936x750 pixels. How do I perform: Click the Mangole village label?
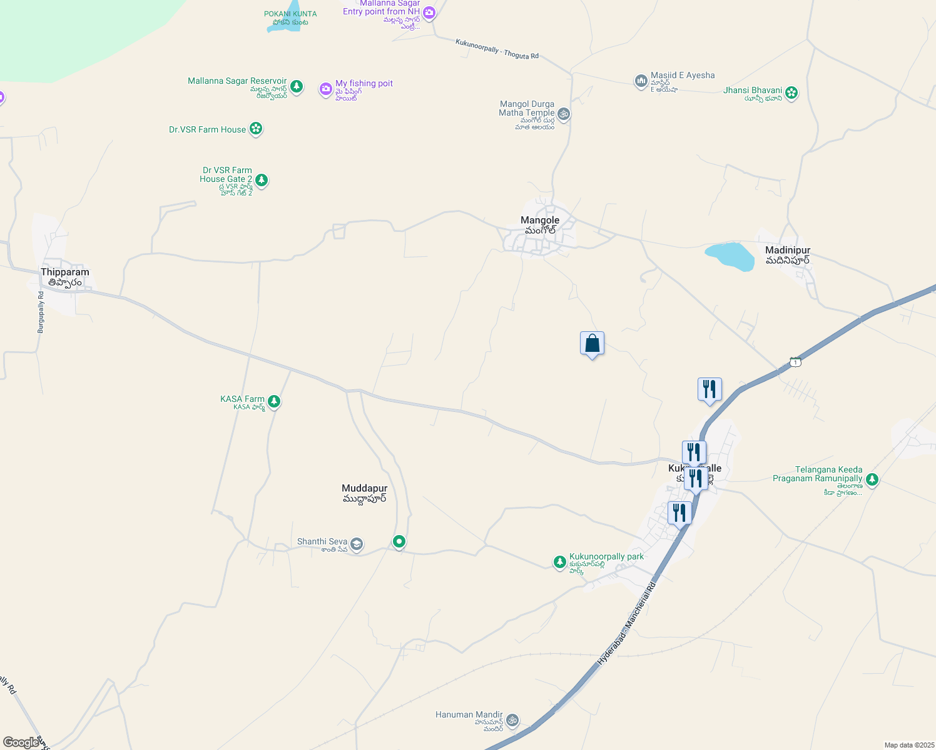click(540, 225)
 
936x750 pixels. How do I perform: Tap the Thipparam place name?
click(65, 277)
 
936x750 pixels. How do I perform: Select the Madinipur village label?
click(788, 255)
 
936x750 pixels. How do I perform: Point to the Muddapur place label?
click(365, 493)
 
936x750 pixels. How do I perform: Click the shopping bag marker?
click(592, 344)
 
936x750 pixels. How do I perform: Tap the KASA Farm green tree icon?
click(273, 401)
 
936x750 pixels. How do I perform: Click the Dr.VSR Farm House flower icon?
click(255, 129)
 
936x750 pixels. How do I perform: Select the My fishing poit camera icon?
click(325, 89)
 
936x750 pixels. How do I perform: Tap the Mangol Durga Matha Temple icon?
click(564, 114)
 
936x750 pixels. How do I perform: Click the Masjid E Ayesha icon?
click(641, 81)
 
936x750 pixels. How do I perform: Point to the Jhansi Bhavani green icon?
click(791, 93)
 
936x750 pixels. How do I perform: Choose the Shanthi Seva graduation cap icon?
click(356, 544)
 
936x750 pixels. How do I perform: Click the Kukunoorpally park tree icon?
click(560, 562)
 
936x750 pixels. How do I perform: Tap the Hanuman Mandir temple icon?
click(512, 720)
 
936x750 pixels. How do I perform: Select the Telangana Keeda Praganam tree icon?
click(872, 479)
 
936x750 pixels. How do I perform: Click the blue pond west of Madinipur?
click(730, 256)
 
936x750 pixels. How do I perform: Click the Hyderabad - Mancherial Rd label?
click(626, 623)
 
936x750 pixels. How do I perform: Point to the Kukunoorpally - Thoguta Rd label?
click(497, 49)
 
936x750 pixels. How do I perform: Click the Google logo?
click(21, 742)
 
